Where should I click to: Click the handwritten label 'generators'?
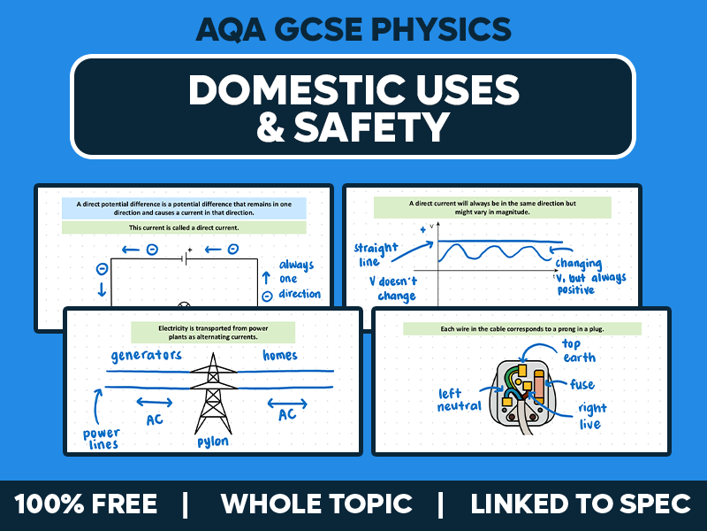click(147, 356)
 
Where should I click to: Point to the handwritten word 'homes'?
click(280, 355)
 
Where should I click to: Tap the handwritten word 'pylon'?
click(213, 441)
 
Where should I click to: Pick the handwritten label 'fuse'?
click(582, 385)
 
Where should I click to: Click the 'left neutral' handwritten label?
click(459, 400)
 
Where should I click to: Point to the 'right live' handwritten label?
click(592, 416)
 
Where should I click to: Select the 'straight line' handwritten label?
click(375, 255)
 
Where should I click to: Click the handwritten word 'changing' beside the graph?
click(579, 263)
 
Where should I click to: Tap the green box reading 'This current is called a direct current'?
click(184, 227)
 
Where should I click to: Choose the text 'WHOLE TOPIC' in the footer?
click(315, 504)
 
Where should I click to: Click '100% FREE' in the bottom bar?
click(86, 504)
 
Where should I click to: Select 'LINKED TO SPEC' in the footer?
click(580, 504)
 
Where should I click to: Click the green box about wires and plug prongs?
click(521, 329)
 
